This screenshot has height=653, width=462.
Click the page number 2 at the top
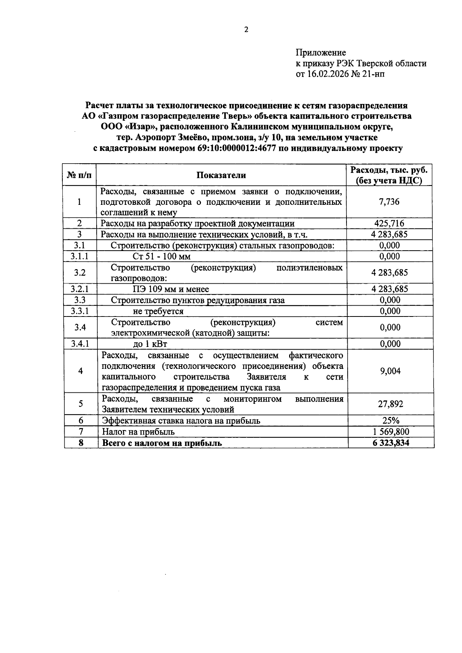coord(246,30)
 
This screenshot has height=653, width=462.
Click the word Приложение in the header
coord(321,52)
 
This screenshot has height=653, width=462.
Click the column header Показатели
coord(221,175)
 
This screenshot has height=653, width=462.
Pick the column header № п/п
coord(80,175)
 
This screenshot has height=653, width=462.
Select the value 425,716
coord(389,223)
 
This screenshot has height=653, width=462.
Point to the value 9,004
coord(390,371)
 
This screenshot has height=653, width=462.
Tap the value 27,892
coord(390,404)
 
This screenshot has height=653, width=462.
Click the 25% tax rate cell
coord(390,420)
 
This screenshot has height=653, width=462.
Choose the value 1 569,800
coord(390,432)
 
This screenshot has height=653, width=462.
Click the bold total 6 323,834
coord(390,443)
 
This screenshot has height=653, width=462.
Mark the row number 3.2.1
coord(80,289)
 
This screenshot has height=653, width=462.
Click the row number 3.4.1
coord(80,344)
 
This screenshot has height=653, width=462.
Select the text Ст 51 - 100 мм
coord(161,256)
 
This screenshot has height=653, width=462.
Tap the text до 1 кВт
coord(150,344)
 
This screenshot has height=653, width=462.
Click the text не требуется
coord(158,311)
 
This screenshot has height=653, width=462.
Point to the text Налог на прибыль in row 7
coord(138,432)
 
